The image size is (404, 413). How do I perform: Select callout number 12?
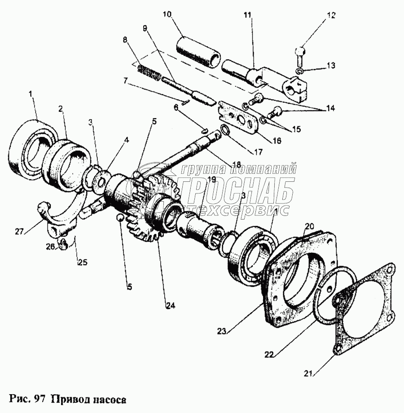331,15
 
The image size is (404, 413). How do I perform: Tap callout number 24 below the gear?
170,306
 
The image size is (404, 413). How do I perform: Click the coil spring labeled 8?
149,73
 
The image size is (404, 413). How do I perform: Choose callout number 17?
257,151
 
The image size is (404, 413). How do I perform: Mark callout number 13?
330,66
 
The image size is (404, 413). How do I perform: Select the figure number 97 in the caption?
40,399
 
